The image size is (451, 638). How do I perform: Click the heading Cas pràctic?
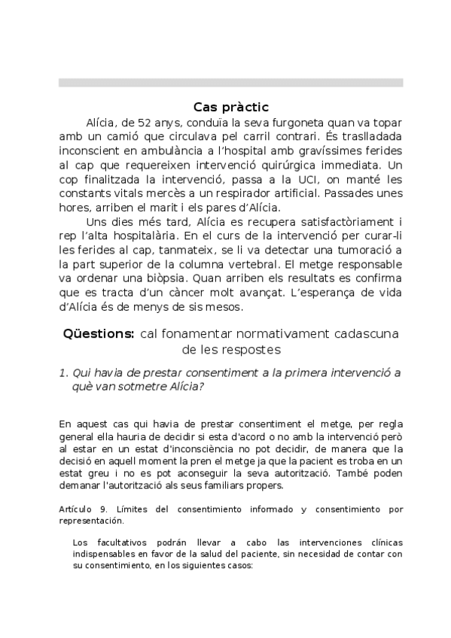[230, 107]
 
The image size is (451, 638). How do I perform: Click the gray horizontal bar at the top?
[230, 83]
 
